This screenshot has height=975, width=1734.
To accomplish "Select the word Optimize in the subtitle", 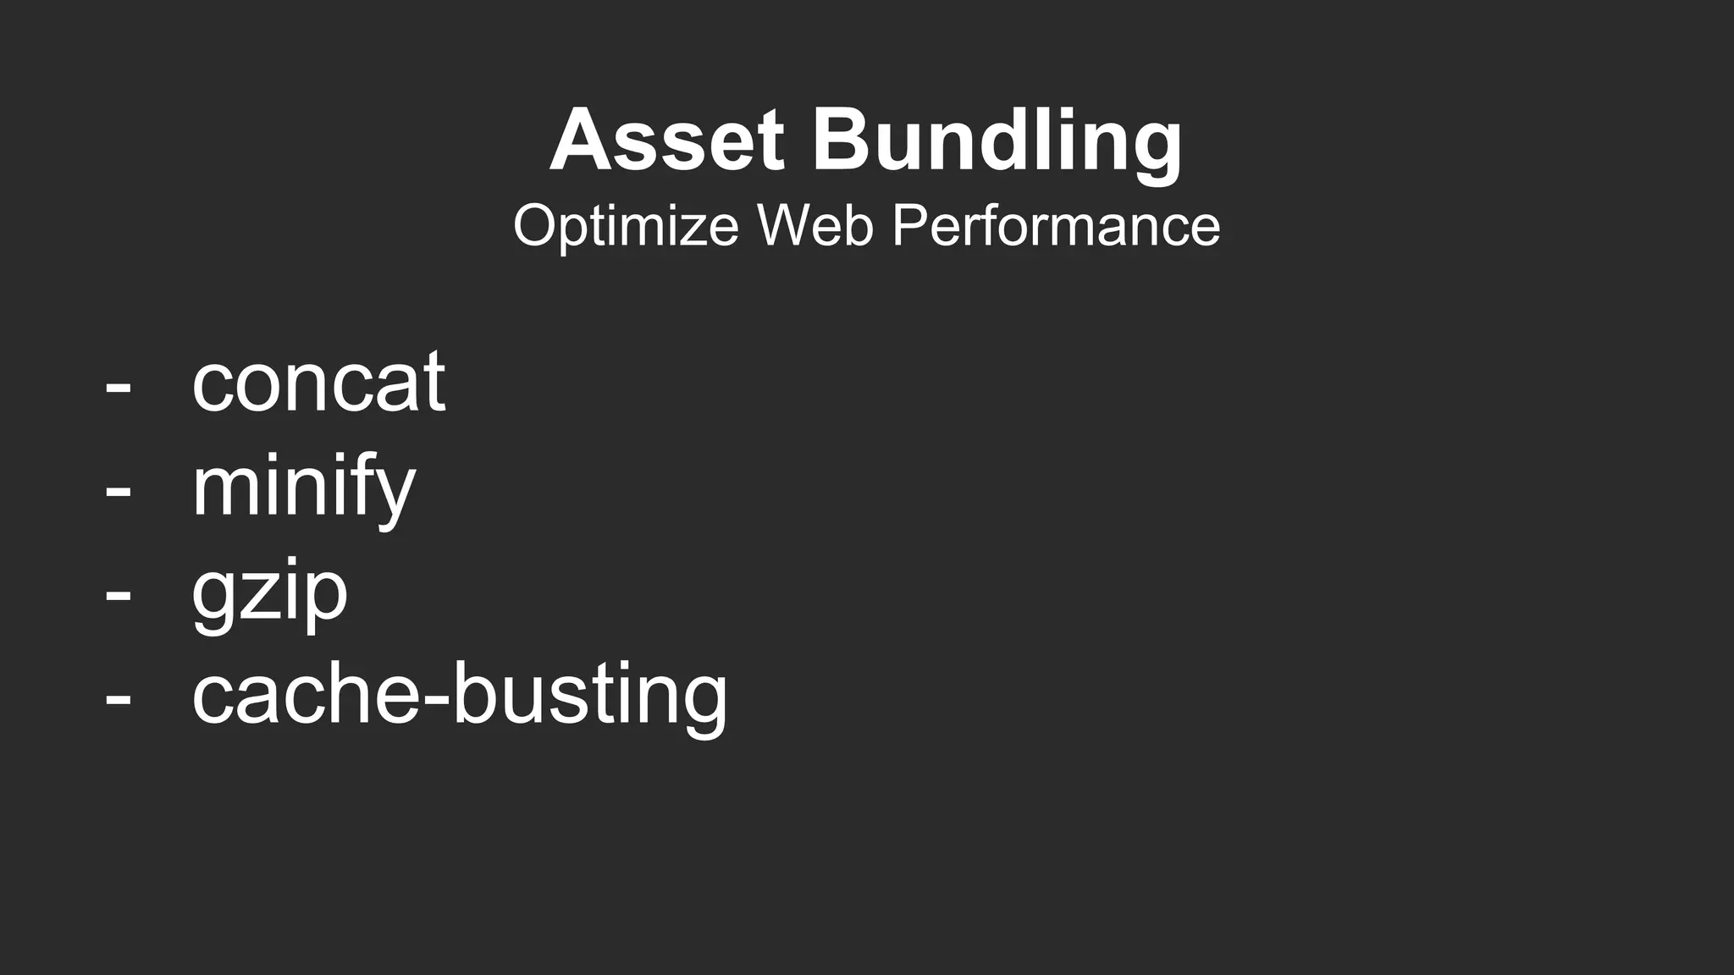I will pyautogui.click(x=625, y=226).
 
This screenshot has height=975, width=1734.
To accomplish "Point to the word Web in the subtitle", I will pyautogui.click(x=815, y=226).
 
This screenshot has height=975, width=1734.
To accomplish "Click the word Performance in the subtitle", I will pyautogui.click(x=1056, y=226).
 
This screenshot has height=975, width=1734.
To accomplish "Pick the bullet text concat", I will pyautogui.click(x=318, y=383).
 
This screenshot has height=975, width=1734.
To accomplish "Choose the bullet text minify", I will pyautogui.click(x=303, y=487).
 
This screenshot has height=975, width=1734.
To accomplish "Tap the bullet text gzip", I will pyautogui.click(x=269, y=592).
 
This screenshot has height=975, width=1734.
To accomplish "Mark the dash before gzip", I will pyautogui.click(x=119, y=598).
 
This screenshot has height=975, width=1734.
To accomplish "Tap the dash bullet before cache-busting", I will pyautogui.click(x=119, y=702).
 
